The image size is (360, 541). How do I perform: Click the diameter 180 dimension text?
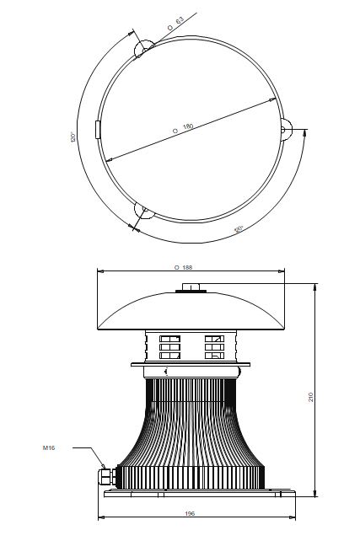pos(182,127)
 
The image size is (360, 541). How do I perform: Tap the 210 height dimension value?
pos(311,396)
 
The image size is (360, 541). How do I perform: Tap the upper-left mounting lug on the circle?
pos(142,51)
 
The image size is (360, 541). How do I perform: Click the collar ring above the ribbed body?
pos(192,370)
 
